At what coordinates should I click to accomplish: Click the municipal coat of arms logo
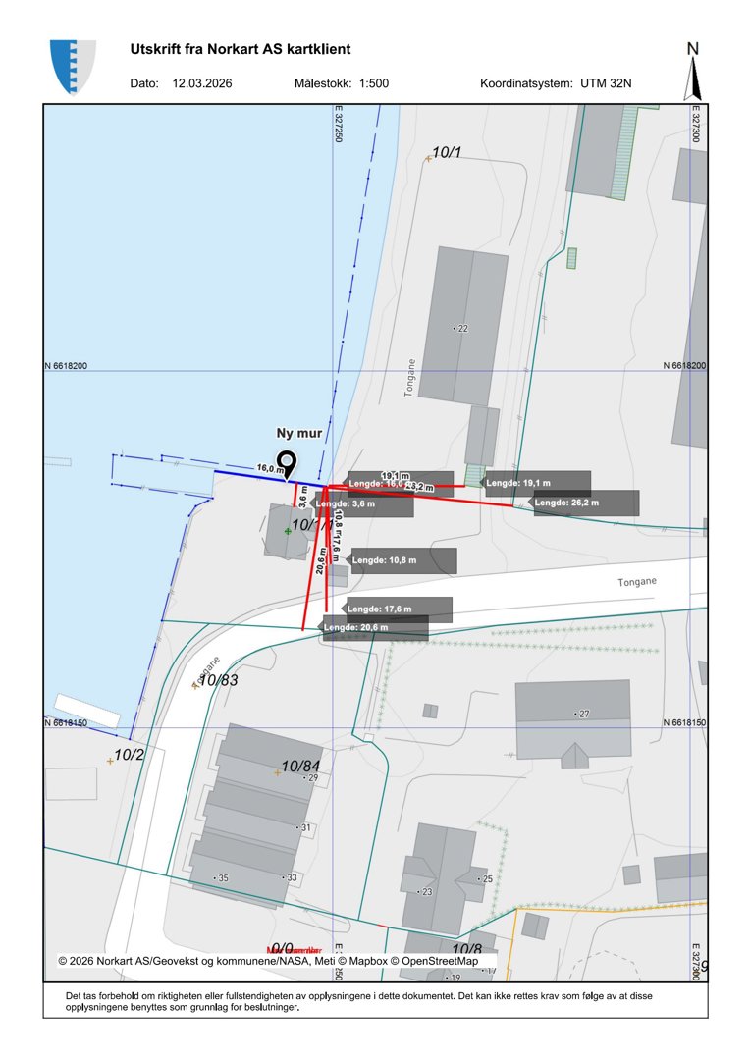coord(74,67)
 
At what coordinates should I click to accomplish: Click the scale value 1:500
coord(374,83)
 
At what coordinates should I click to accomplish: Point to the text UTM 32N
coord(606,83)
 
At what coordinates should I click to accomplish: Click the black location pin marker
coord(287,463)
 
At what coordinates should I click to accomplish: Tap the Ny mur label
coord(299,433)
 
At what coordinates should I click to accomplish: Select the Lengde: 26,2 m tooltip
coord(586,503)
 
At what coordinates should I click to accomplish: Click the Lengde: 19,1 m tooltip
coord(538,484)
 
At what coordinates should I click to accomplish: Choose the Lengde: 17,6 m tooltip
coord(399,609)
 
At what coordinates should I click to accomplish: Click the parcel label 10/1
coord(447,152)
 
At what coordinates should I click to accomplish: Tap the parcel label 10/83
coord(218,679)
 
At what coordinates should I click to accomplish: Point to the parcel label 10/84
coord(301,766)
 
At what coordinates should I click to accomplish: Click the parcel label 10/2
coord(129,755)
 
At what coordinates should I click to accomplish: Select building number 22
coord(463,328)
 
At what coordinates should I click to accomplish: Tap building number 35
coord(222,877)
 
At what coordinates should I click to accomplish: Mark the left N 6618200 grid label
coord(66,366)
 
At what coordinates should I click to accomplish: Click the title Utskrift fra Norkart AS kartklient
coord(240,49)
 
